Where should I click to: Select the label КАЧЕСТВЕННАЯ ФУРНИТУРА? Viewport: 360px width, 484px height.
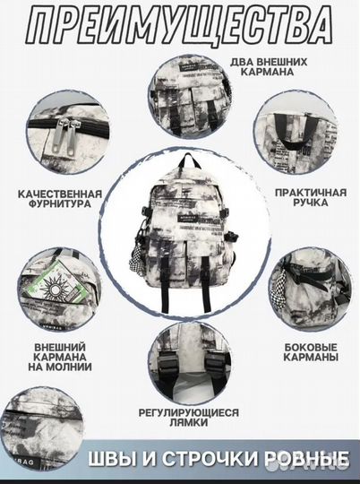pos(59,198)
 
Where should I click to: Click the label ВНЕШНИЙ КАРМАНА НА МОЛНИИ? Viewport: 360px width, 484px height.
pos(60,356)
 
